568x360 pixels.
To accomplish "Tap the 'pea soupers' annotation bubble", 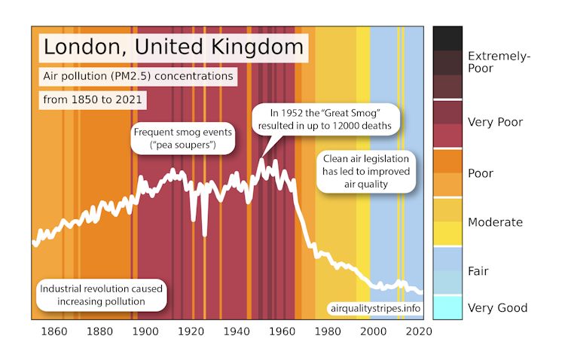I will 184,137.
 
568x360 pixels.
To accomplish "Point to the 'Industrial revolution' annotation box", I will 103,295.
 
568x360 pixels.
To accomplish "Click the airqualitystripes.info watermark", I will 373,308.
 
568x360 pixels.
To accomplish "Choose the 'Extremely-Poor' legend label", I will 498,62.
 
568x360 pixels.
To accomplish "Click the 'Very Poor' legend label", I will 495,121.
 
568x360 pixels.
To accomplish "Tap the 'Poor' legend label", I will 481,173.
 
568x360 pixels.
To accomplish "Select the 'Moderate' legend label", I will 495,222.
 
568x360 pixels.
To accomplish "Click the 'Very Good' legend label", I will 497,307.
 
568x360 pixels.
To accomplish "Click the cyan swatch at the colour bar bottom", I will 447,307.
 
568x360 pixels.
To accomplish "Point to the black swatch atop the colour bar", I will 447,38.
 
